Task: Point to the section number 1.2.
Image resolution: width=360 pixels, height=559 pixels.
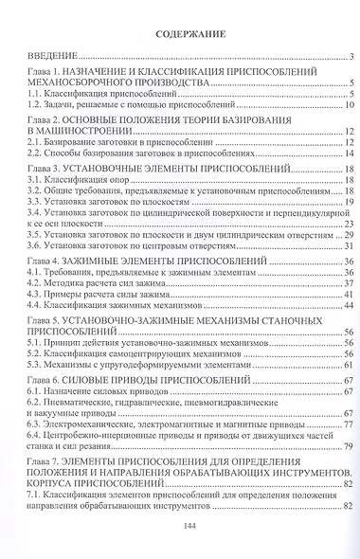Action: coord(33,106)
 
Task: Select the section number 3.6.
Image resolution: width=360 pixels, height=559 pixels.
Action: coord(33,246)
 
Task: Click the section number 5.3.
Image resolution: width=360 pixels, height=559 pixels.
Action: coord(33,364)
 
